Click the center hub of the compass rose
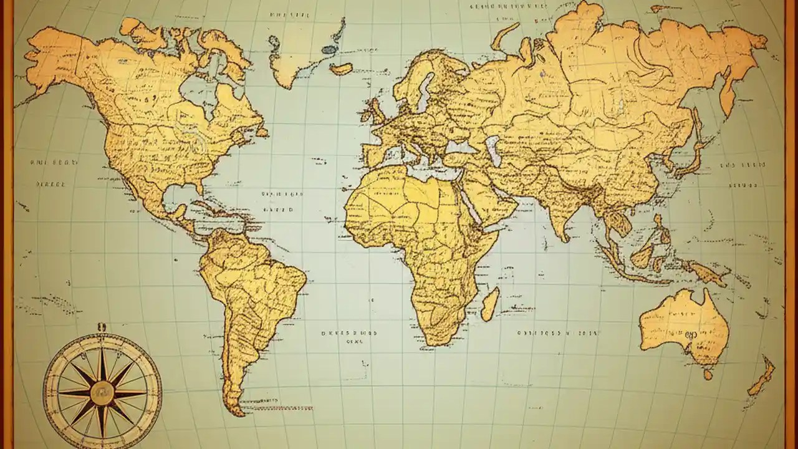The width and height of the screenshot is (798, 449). pyautogui.click(x=102, y=393)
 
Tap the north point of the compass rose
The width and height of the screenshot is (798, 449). pyautogui.click(x=102, y=327)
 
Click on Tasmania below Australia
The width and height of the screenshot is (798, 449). pyautogui.click(x=708, y=374)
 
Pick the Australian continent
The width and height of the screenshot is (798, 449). pyautogui.click(x=683, y=324)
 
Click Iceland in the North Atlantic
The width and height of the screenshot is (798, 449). pyautogui.click(x=341, y=69)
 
